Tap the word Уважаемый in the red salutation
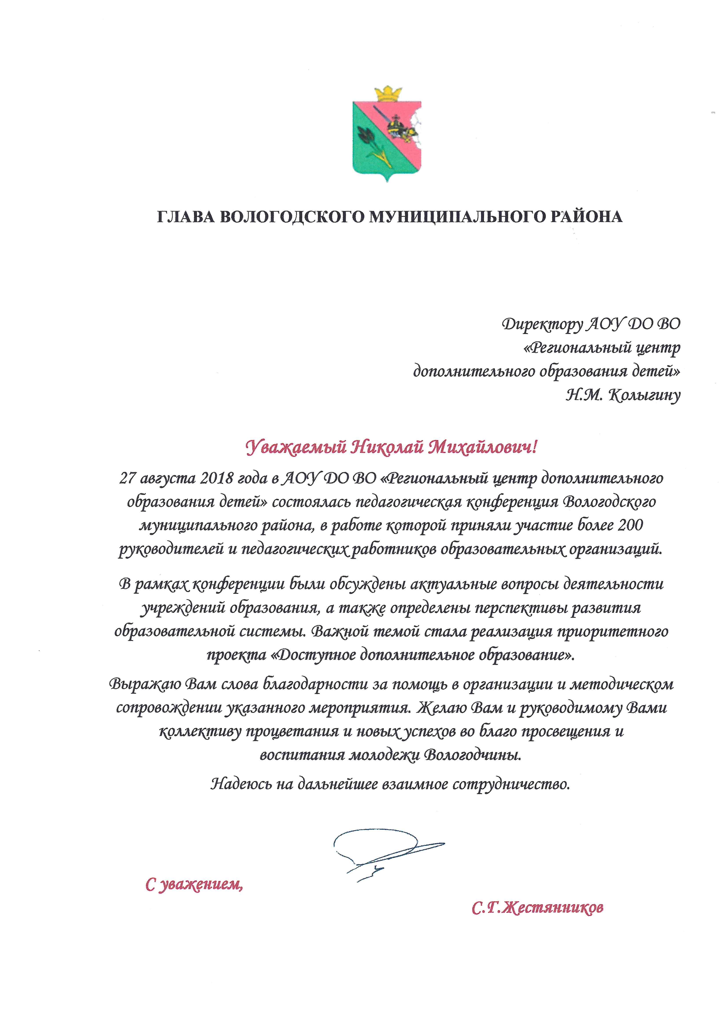tap(296, 447)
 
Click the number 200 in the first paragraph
tap(630, 525)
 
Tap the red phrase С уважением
tap(194, 884)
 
